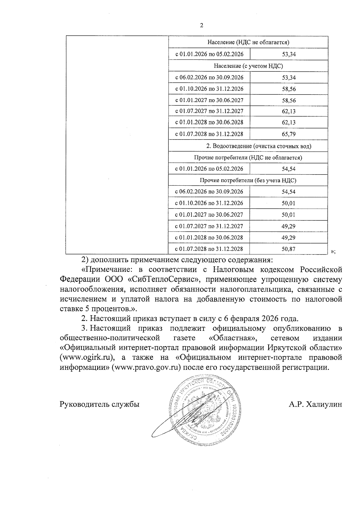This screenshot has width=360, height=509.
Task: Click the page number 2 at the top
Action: pos(201,25)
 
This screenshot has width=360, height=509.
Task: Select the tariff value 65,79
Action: pos(289,134)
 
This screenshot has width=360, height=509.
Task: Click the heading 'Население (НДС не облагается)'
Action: pos(248,42)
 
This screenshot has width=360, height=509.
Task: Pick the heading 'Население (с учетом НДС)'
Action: pos(248,66)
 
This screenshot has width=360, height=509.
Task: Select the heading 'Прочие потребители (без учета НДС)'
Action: pos(248,181)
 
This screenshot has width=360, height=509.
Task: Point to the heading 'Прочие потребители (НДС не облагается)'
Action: pos(248,157)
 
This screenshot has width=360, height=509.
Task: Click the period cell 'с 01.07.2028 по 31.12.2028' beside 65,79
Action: pos(209,134)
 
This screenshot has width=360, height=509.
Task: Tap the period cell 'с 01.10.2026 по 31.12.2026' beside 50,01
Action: pos(209,203)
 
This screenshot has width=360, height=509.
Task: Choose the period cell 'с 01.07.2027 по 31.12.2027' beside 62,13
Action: pos(209,111)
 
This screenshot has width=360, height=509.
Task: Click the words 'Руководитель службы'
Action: pos(100,405)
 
